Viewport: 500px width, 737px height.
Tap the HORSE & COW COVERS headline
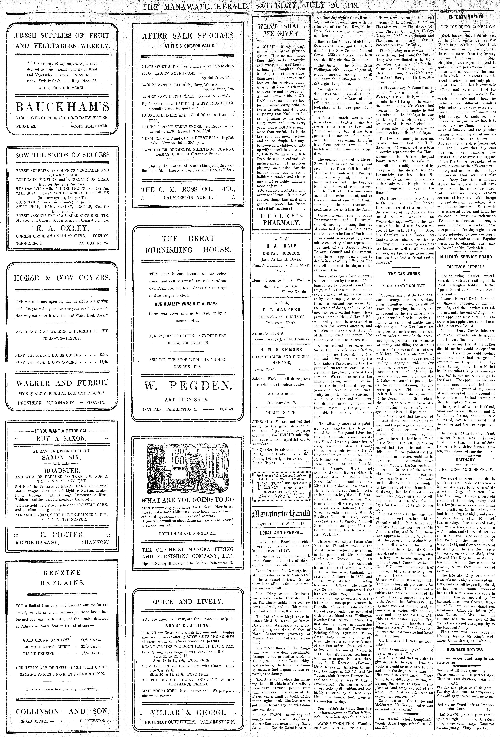coord(62,278)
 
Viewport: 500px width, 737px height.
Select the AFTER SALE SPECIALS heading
coord(188,36)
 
